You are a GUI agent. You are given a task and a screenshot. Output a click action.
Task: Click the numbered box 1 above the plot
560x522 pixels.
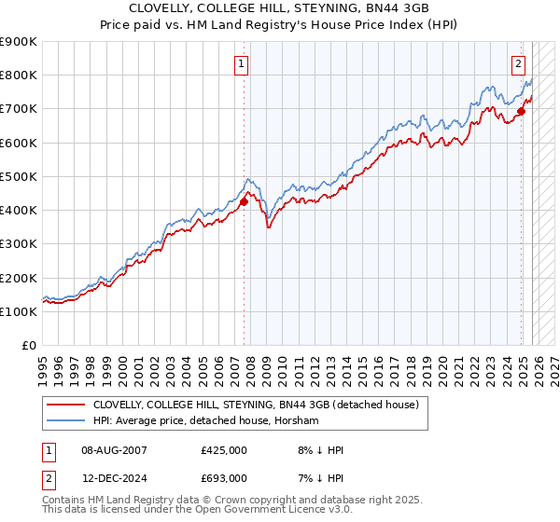[x=242, y=64]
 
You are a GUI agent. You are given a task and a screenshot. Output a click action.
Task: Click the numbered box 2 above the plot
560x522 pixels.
[x=518, y=64]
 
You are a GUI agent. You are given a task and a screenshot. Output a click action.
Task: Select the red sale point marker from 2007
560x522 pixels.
[x=244, y=200]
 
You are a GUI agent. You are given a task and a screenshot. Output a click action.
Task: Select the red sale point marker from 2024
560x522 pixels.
[x=522, y=111]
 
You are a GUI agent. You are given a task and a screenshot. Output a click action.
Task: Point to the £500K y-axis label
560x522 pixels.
[x=19, y=176]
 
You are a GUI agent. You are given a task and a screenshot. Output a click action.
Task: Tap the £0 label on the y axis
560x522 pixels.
[x=28, y=345]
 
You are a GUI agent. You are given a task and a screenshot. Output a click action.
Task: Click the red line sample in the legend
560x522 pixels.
[x=66, y=405]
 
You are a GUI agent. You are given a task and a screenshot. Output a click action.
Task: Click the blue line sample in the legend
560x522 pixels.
[x=66, y=420]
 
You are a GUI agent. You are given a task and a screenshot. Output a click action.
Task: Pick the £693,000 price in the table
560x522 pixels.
[x=223, y=477]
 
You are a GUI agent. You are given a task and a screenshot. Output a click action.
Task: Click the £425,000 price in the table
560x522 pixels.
[x=223, y=450]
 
